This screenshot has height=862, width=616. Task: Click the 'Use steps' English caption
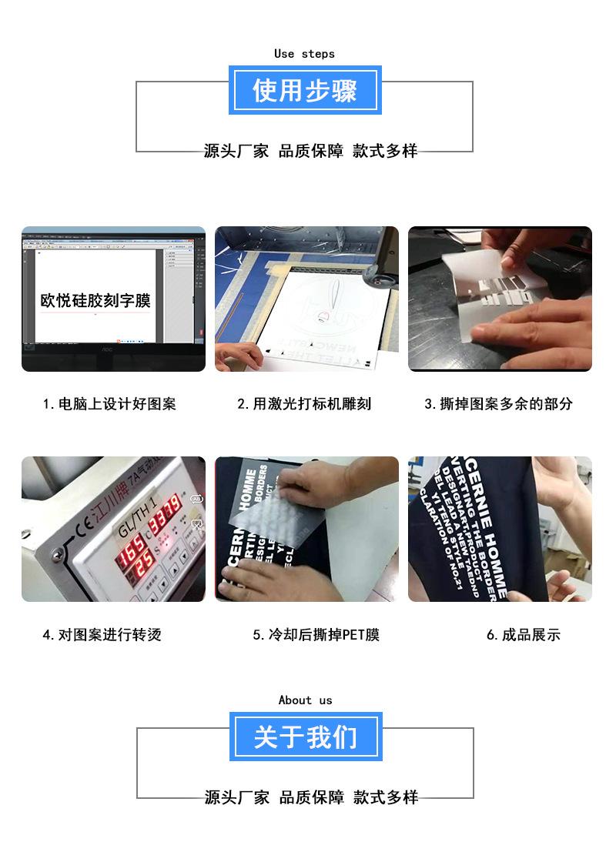point(304,54)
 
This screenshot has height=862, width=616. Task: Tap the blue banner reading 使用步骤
point(305,91)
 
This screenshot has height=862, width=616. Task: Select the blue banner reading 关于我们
point(306,737)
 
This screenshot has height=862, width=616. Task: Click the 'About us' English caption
point(305,700)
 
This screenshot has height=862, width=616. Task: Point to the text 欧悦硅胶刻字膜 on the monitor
point(95,300)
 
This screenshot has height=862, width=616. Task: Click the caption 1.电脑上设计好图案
point(109,404)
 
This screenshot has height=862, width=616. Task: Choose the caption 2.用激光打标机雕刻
point(304,404)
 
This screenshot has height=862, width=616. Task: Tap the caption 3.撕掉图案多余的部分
point(498,404)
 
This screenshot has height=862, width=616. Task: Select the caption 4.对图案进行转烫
point(102,635)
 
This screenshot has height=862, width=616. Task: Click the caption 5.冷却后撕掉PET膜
point(316,635)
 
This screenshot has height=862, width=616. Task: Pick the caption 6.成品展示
point(523,635)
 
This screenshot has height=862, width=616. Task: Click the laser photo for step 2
point(306,299)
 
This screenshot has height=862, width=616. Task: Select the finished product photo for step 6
point(500,529)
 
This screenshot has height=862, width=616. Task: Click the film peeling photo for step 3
point(500,299)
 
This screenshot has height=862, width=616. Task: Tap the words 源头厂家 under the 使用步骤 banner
point(236,152)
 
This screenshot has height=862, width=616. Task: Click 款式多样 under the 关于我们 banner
point(386,797)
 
